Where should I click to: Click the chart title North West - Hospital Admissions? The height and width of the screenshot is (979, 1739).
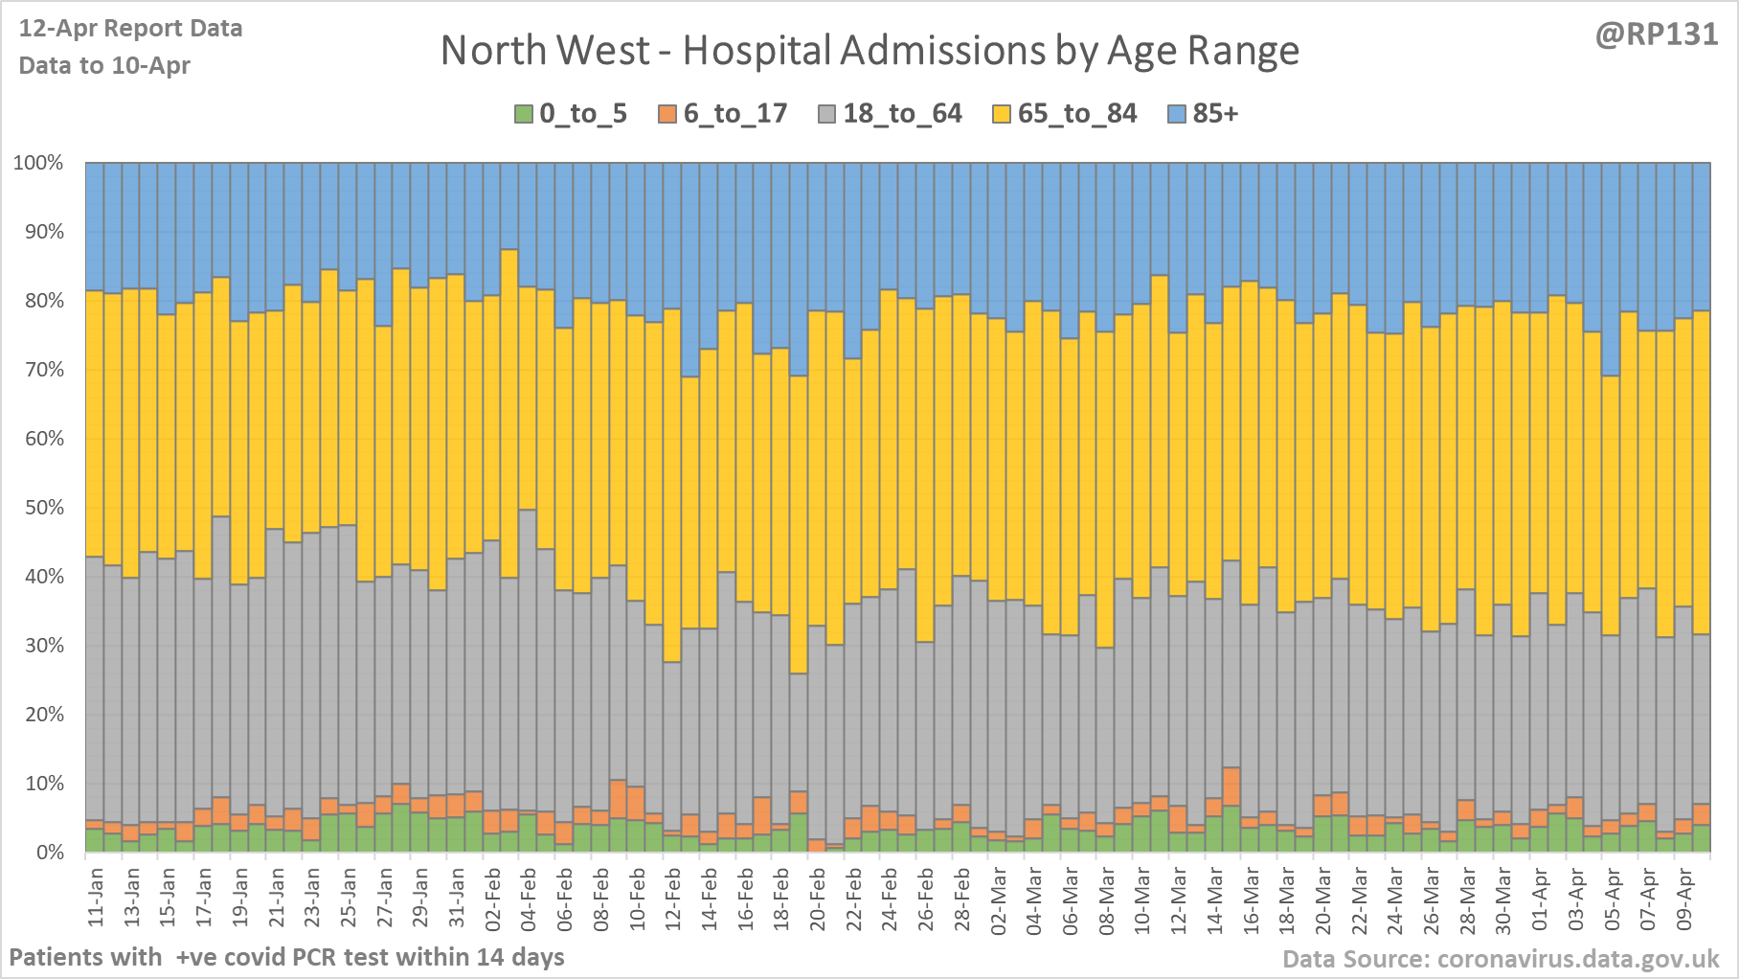coord(869,51)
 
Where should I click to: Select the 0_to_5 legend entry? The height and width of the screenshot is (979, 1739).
coord(572,114)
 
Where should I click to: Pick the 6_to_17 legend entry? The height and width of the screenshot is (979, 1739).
coord(723,114)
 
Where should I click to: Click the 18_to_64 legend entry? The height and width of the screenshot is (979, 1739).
coord(891,114)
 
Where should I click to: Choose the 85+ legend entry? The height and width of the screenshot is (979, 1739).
coord(1204,114)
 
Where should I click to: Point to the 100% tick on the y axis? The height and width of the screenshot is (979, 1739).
coord(38,163)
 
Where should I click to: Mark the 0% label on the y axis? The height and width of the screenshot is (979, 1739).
coord(48,853)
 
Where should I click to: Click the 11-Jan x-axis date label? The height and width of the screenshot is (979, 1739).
coord(96,898)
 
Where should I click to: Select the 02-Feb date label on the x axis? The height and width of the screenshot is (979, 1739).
coord(493,898)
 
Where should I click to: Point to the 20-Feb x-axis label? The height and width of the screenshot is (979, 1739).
coord(818,898)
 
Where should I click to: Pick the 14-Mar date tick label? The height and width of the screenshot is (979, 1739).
coord(1215,898)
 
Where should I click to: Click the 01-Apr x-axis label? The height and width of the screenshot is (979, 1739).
coord(1540,898)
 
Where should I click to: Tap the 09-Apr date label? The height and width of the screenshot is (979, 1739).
coord(1684,898)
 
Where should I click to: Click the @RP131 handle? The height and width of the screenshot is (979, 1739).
coord(1656,34)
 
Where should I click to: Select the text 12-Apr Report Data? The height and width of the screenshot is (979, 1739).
coord(130,29)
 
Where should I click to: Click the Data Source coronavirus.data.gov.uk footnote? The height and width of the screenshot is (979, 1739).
coord(1501,959)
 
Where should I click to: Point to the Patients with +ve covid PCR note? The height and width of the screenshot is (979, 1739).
coord(286,957)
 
